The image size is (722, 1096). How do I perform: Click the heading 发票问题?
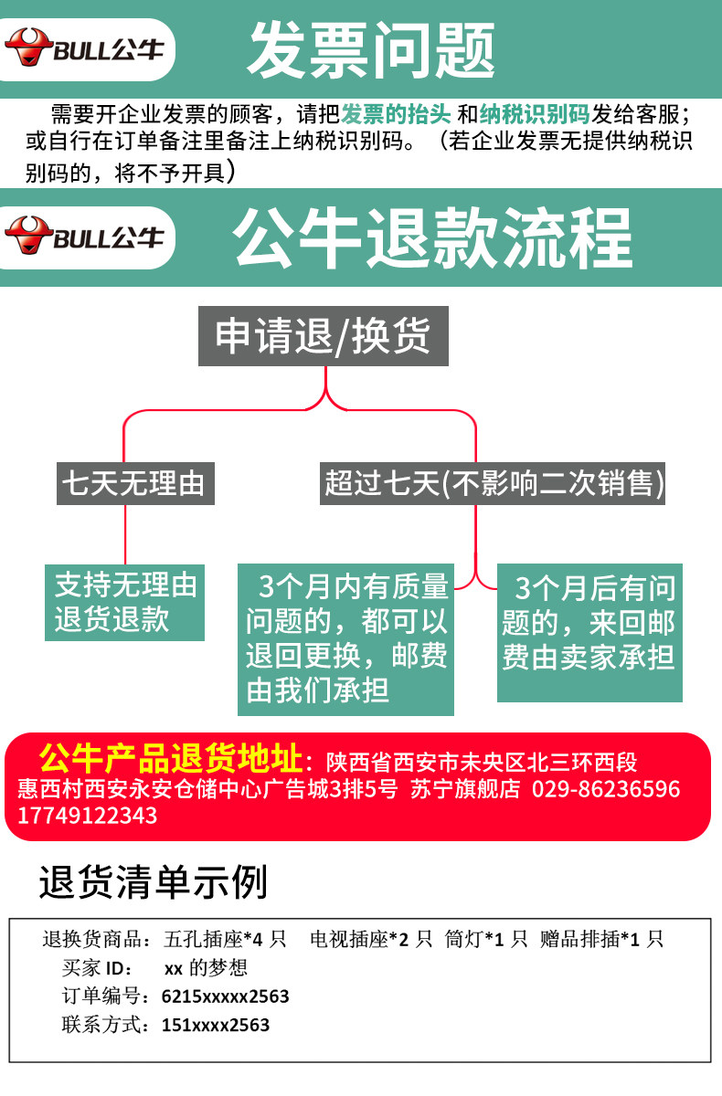point(371,50)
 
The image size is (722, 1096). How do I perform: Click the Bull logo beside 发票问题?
point(84,47)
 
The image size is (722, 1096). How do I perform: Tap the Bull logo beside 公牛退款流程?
point(84,236)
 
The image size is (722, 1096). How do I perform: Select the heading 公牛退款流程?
point(431,237)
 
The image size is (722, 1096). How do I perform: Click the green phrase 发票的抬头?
point(396,114)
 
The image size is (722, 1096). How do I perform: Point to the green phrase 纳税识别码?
point(535,114)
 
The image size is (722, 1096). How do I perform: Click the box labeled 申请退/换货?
point(323,336)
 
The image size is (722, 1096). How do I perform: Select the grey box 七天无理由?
point(135,483)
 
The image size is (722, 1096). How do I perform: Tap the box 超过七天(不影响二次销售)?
point(493,483)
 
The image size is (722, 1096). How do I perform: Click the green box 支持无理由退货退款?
point(125,603)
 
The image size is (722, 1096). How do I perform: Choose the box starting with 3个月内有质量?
point(345,639)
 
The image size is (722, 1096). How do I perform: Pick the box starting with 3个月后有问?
point(589,633)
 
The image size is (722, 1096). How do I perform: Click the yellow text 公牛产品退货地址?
point(171,759)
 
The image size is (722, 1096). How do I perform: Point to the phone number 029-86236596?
point(606,789)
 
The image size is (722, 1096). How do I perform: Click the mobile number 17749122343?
point(87,816)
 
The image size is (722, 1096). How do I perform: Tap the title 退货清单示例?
point(154,882)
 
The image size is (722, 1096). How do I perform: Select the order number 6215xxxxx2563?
point(225,996)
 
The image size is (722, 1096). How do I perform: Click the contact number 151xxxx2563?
point(216,1025)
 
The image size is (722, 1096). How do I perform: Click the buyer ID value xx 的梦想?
point(206,968)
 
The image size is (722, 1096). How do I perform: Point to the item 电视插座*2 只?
point(371,940)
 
